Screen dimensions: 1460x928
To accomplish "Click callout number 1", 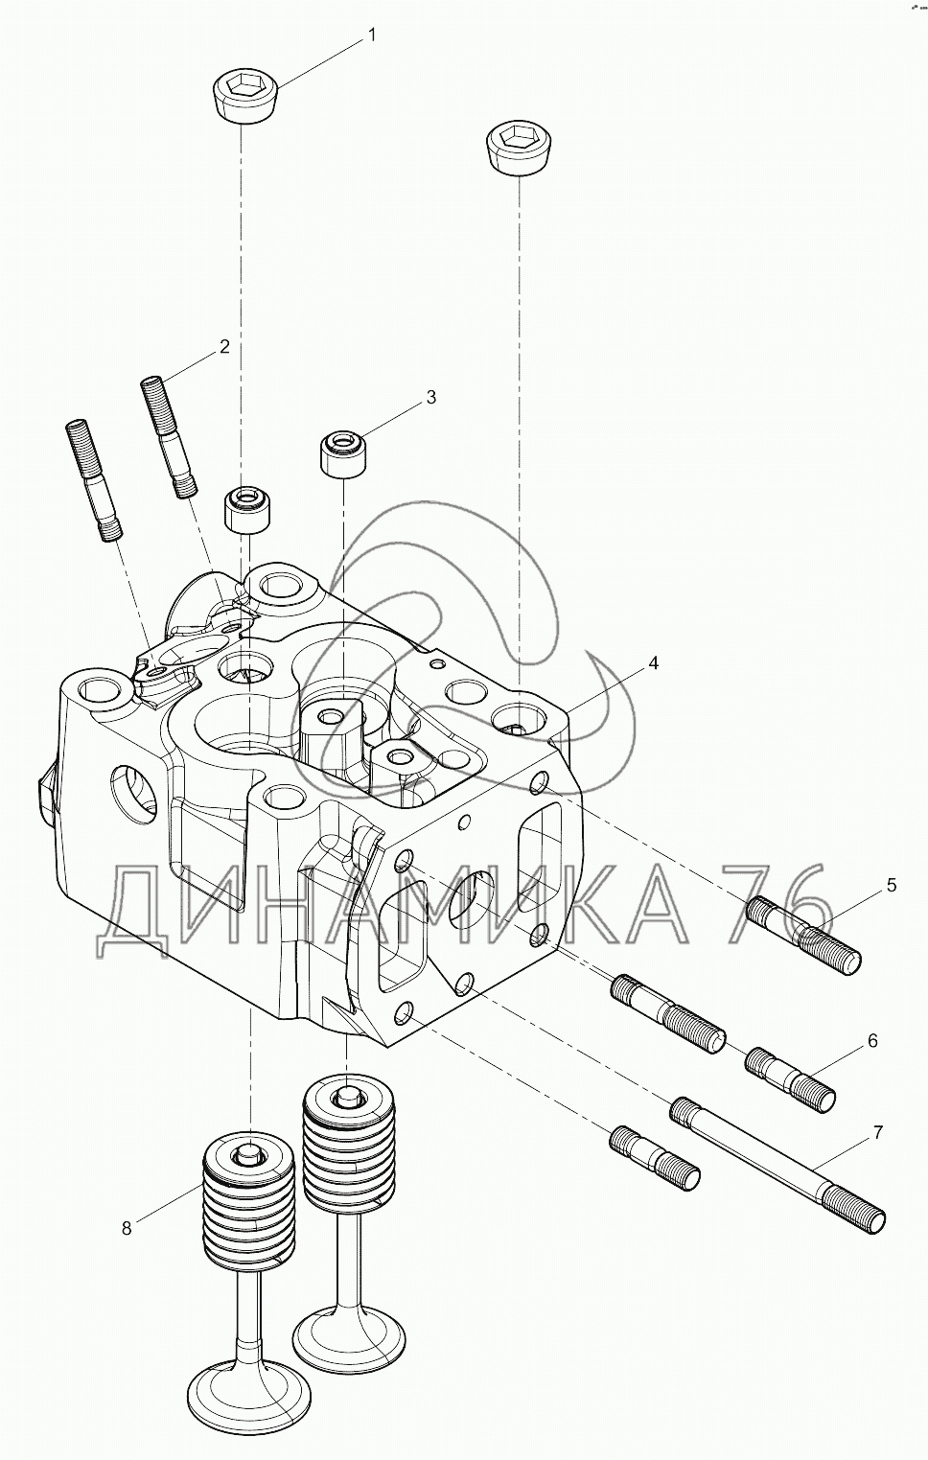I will [371, 35].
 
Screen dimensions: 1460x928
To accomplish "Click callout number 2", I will [224, 347].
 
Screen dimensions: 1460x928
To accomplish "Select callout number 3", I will [431, 396].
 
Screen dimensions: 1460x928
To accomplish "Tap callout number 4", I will [653, 663].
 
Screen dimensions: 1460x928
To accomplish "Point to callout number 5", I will [892, 885].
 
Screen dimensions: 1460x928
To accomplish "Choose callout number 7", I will [877, 1133].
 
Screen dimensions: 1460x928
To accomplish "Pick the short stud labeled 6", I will [790, 1078].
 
